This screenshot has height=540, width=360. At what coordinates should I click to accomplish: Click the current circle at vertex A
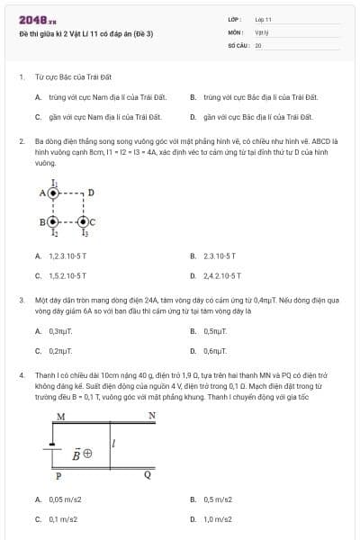54,193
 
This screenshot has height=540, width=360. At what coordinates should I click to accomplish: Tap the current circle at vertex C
84,221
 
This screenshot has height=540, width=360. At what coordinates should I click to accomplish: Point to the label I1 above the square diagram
54,181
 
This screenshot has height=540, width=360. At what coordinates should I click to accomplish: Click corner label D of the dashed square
91,193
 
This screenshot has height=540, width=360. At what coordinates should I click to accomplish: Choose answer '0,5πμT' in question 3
215,331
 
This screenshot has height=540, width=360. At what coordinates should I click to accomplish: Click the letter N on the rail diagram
152,416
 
